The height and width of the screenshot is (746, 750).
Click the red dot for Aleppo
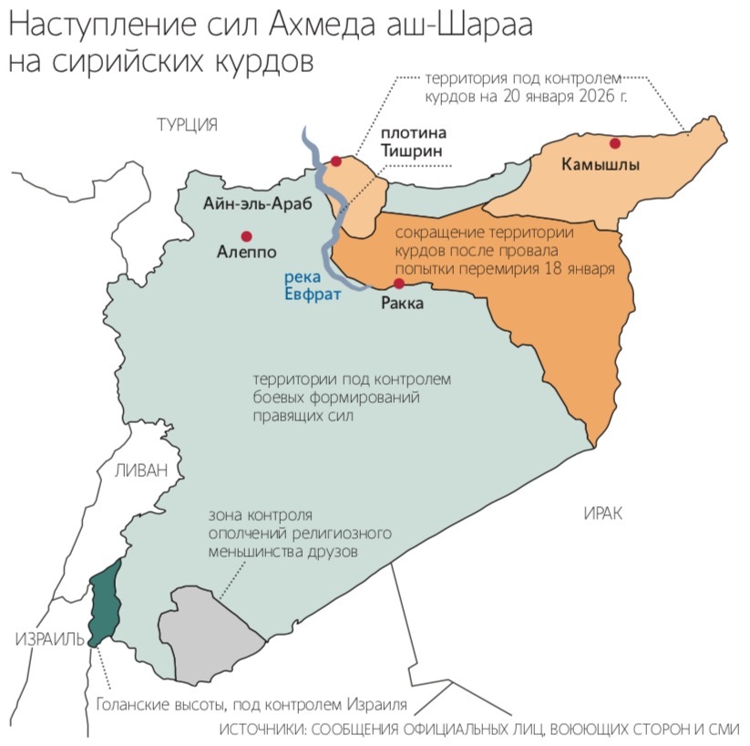point(245,234)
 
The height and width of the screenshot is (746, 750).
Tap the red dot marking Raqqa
point(398,284)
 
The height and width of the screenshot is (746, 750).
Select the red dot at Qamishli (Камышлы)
point(615,142)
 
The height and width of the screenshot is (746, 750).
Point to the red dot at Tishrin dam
point(336,161)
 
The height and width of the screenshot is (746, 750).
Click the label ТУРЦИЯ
point(187,125)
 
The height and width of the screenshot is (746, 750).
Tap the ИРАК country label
point(602,514)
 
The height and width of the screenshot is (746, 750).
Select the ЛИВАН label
point(141,471)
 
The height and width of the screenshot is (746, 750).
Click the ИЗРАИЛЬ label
point(44,640)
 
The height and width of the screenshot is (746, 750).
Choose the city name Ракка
point(401,304)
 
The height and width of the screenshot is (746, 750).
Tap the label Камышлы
point(601,165)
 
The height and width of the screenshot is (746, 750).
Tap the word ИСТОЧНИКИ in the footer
point(274,730)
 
